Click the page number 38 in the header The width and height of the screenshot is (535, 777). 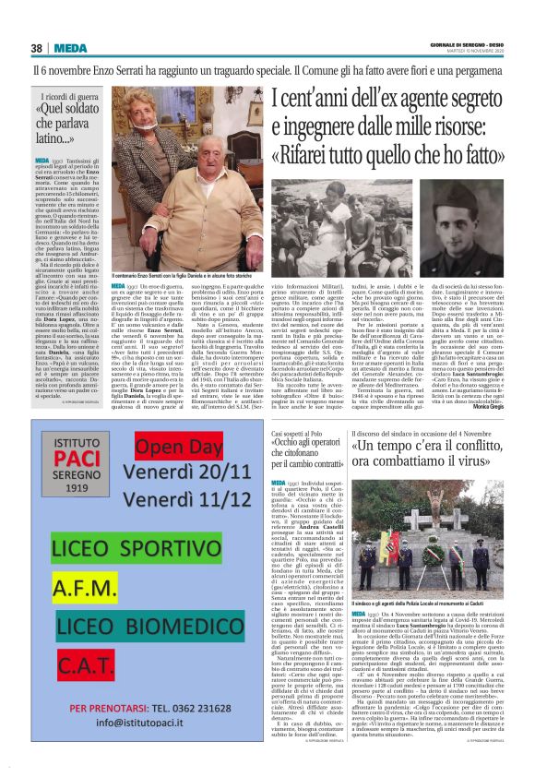tap(37, 48)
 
